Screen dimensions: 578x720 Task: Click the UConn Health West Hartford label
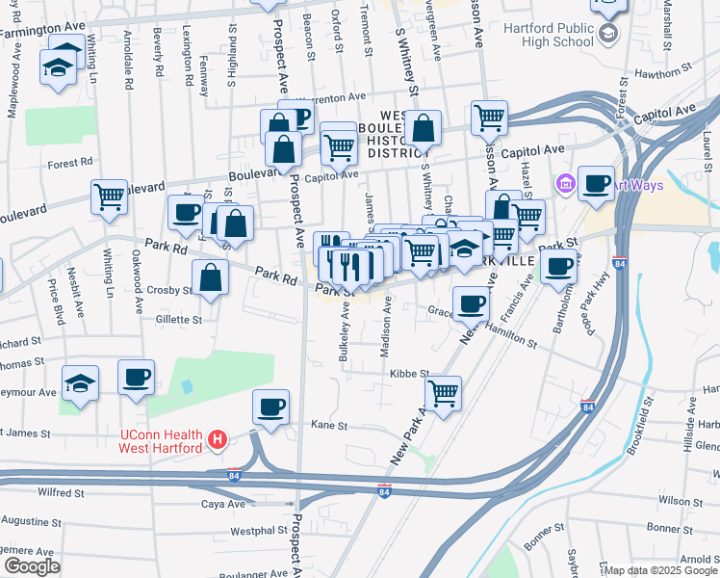tap(160, 441)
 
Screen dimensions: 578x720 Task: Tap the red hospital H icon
tap(218, 441)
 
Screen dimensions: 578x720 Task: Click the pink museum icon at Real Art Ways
tap(565, 182)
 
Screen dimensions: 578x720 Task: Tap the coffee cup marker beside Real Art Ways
tap(597, 182)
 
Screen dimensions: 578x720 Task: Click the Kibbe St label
tap(408, 373)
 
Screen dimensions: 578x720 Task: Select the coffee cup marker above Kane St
tap(271, 406)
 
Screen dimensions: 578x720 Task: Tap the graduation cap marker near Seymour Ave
tap(79, 382)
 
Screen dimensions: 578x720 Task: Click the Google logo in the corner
tap(32, 566)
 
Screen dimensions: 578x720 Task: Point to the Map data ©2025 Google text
tap(660, 570)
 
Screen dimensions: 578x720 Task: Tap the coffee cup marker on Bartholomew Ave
tap(558, 266)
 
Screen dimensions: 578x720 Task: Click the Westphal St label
tap(253, 530)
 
